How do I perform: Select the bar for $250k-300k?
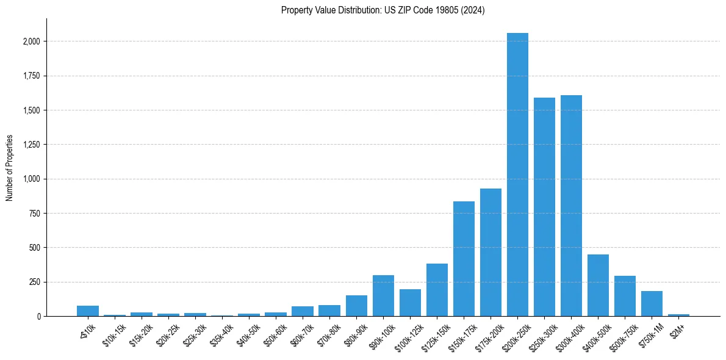point(544,207)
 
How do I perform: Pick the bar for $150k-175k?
point(464,259)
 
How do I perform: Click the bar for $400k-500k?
point(598,285)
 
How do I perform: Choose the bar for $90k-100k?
point(383,295)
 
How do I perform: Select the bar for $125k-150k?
point(437,290)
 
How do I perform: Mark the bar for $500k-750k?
point(625,296)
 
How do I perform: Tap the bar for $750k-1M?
point(652,303)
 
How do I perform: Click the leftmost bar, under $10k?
point(88,311)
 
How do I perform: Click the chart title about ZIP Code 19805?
point(383,10)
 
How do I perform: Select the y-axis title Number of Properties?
point(10,168)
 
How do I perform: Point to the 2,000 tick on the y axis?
point(31,41)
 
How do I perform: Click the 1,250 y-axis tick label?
point(31,145)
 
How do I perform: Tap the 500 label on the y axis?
point(34,248)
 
